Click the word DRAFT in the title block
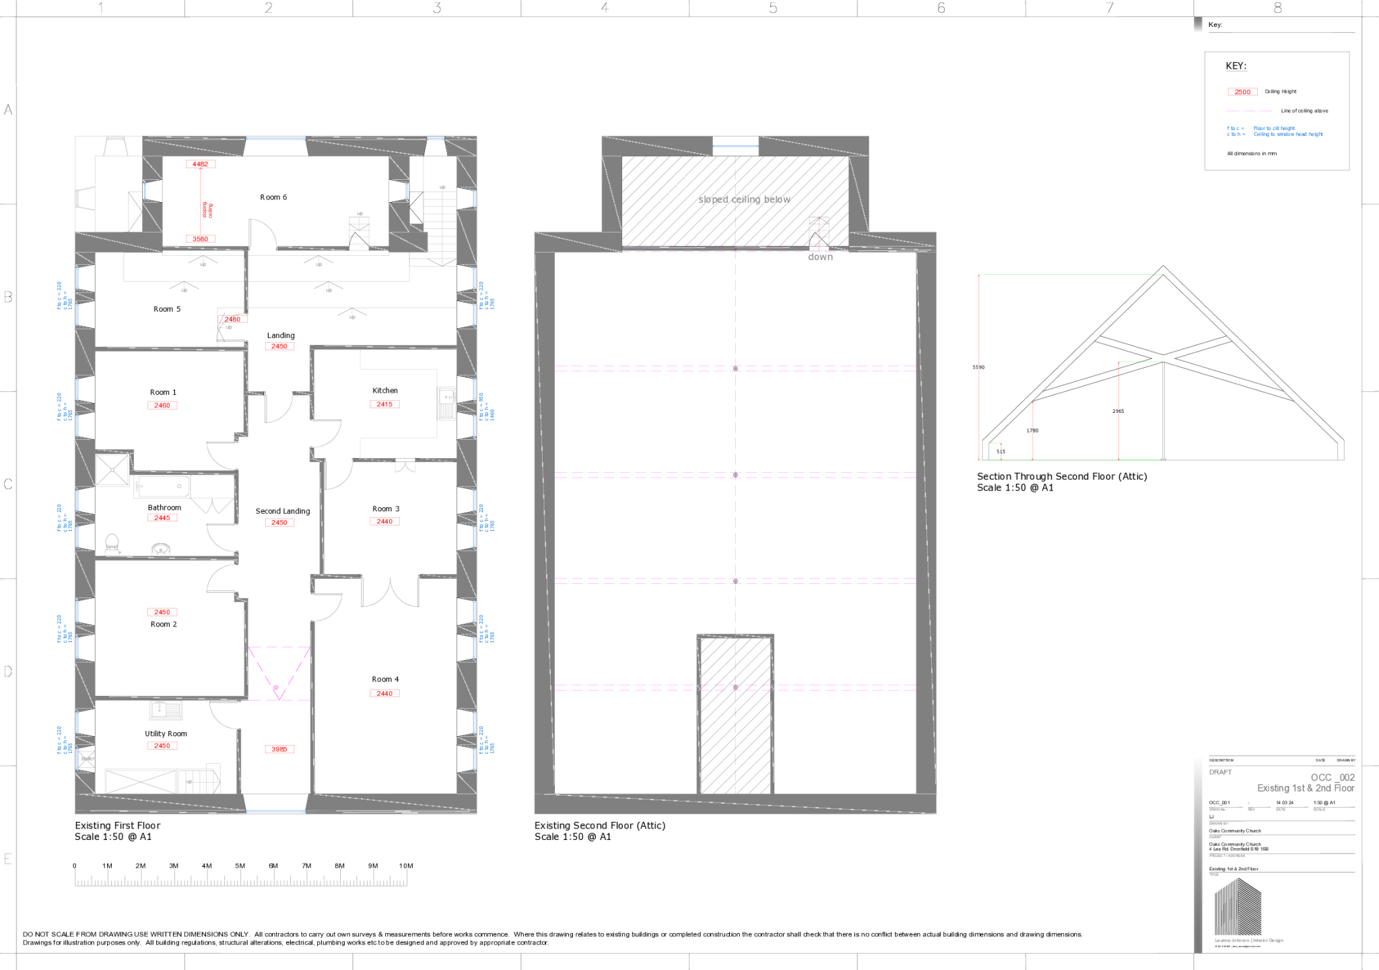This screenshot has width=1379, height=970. tap(1220, 772)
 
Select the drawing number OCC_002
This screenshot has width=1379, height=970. tap(1332, 777)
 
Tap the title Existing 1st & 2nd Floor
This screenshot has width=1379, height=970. tap(1306, 788)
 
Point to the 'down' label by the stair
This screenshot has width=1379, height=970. tap(820, 257)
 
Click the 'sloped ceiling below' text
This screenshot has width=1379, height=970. tap(743, 199)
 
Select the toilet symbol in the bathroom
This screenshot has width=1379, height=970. tap(112, 544)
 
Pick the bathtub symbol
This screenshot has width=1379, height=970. tap(162, 486)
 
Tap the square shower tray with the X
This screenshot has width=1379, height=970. tap(112, 470)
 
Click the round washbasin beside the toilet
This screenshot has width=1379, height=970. tap(160, 550)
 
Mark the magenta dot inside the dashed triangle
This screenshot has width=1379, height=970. tap(275, 688)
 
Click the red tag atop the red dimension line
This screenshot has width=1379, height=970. tap(201, 164)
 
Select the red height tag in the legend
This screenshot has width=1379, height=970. tap(1242, 92)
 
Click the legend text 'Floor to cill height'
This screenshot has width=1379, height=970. tap(1273, 128)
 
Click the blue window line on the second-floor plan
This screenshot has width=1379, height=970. tap(735, 145)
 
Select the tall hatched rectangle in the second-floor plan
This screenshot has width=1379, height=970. tap(735, 714)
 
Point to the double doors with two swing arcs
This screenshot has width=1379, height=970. tap(390, 593)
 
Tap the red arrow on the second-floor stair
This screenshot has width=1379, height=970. tap(819, 232)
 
